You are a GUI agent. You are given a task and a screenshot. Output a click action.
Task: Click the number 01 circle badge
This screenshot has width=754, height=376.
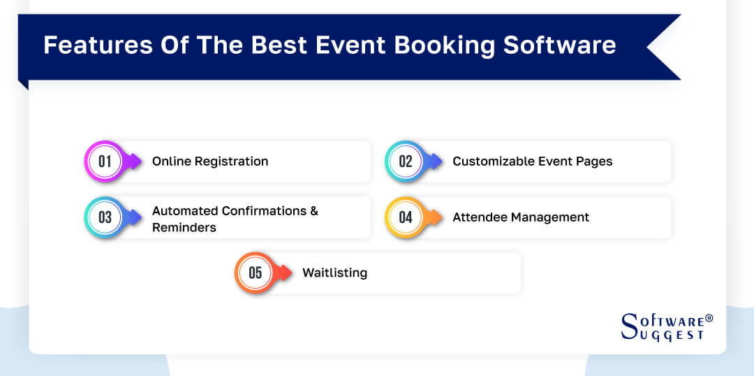click(x=104, y=161)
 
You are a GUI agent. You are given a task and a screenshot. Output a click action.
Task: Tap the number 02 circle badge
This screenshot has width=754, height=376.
click(x=405, y=161)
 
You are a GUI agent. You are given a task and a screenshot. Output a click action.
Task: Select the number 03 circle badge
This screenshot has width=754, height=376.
click(x=104, y=217)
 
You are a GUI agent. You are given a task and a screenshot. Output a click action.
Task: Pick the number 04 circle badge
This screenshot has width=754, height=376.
click(x=405, y=217)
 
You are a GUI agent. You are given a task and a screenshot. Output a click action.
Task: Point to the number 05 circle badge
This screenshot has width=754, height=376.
click(x=255, y=273)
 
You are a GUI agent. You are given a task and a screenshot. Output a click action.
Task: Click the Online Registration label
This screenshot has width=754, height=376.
click(x=210, y=161)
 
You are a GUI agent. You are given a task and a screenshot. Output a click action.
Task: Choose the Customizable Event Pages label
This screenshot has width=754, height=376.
click(x=532, y=161)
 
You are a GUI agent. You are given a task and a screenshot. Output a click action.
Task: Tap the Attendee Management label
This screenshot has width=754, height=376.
click(x=521, y=217)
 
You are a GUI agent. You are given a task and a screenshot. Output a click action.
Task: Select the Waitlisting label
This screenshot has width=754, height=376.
click(x=334, y=273)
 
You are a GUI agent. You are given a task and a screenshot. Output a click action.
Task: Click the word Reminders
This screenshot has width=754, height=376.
click(x=184, y=228)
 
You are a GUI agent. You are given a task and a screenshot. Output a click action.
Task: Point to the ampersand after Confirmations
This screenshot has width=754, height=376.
click(x=313, y=210)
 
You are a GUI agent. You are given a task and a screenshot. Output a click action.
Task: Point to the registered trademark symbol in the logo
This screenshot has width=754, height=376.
click(x=709, y=318)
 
